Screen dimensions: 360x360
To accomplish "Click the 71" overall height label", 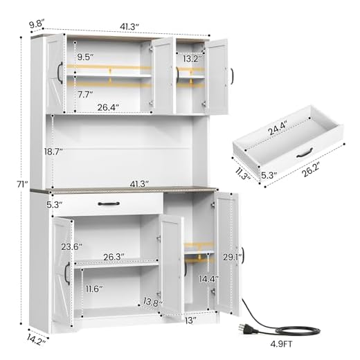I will (x=23, y=183).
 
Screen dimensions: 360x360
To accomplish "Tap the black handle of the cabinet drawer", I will (x=109, y=204).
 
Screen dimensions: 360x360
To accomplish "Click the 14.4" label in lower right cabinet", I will (x=204, y=280).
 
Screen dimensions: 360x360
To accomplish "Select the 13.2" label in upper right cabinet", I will (x=192, y=59).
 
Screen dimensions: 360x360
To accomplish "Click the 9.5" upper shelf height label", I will (x=87, y=56).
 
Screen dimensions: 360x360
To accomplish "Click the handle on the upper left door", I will (x=60, y=72).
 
